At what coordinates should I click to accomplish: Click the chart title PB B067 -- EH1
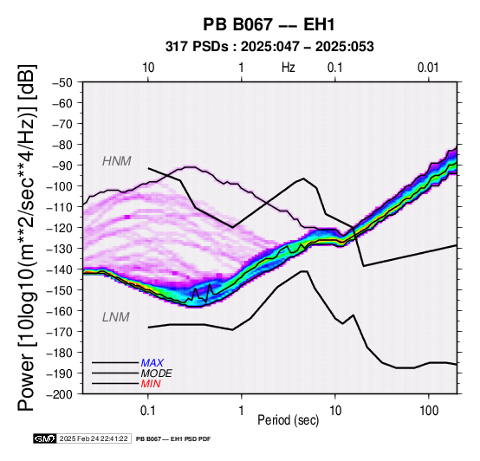pos(269,24)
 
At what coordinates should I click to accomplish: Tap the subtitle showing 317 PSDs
pos(269,47)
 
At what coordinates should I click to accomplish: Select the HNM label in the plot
pos(117,161)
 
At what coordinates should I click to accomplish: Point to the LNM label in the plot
pos(116,317)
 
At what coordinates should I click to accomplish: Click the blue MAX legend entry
pos(152,363)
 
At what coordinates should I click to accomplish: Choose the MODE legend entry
pos(157,373)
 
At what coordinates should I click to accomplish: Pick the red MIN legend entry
pos(151,384)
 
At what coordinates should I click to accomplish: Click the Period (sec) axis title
pos(289,420)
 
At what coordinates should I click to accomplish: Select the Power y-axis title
pos(27,237)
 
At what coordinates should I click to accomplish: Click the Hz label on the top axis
pos(289,68)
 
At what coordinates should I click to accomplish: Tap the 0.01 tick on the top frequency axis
pos(428,68)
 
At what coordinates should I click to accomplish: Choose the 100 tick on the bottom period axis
pos(429,410)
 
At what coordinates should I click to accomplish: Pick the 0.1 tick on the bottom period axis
pos(148,410)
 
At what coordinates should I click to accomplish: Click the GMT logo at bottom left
pos(45,438)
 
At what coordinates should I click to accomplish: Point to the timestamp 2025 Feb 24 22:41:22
pos(94,438)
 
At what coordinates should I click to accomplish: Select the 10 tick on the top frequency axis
pos(148,68)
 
